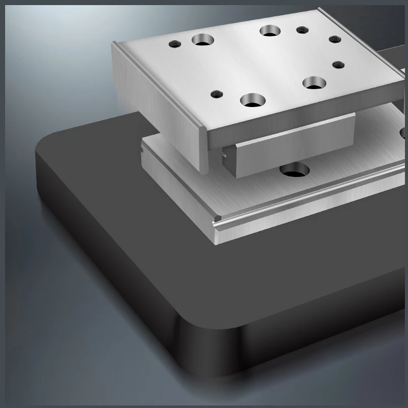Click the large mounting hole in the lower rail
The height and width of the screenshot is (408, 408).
tap(294, 170)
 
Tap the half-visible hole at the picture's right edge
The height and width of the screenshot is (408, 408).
tap(404, 134)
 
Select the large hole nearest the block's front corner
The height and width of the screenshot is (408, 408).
tap(251, 100)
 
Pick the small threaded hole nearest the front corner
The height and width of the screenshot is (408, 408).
tap(217, 94)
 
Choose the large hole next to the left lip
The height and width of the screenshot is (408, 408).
tap(202, 39)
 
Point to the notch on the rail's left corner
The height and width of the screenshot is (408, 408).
tap(141, 151)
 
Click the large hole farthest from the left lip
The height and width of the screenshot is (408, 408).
tap(314, 82)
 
